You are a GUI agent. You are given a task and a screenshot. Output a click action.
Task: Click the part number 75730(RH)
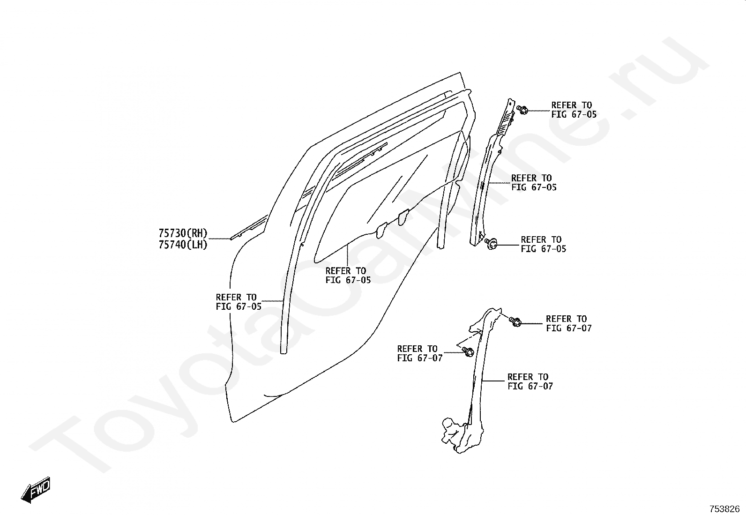coord(183,233)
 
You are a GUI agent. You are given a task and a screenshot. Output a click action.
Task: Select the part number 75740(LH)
coord(183,244)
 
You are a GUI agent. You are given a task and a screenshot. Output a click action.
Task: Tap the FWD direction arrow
coord(36,491)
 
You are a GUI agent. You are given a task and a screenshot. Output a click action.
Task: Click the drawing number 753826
coord(724,509)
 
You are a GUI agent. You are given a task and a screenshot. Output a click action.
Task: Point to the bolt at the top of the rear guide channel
coord(522,110)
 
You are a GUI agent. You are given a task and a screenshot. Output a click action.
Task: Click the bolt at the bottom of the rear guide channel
coord(492,242)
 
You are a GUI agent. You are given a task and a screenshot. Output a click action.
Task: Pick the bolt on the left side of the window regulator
coord(468,351)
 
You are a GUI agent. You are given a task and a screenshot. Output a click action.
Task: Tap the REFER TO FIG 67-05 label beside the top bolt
coord(574,110)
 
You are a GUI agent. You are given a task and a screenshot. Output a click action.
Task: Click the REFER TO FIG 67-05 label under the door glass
coord(348,276)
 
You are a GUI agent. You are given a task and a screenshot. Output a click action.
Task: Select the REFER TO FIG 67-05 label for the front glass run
coord(239,302)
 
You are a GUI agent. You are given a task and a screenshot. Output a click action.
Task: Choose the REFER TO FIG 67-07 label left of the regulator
coord(419,353)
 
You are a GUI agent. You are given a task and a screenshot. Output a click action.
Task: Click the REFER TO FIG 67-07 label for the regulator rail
coord(530,381)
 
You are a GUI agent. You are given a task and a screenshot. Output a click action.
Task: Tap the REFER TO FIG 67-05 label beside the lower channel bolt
coord(543,244)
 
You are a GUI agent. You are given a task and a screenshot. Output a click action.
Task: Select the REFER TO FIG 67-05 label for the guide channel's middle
coord(534,183)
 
